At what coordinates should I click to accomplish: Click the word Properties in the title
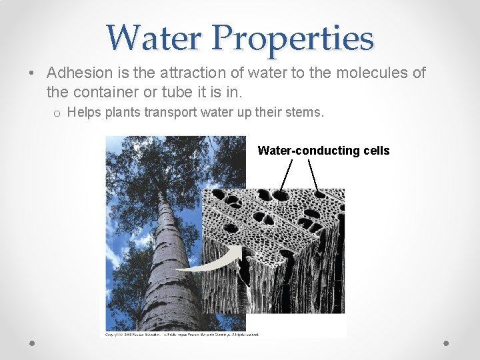293,37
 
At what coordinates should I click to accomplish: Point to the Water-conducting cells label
323,151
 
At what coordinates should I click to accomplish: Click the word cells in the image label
377,151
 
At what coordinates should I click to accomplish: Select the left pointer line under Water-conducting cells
286,175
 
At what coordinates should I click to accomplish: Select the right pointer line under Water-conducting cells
312,175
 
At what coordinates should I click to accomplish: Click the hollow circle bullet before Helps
57,113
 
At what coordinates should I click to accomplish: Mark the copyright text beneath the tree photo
180,334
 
